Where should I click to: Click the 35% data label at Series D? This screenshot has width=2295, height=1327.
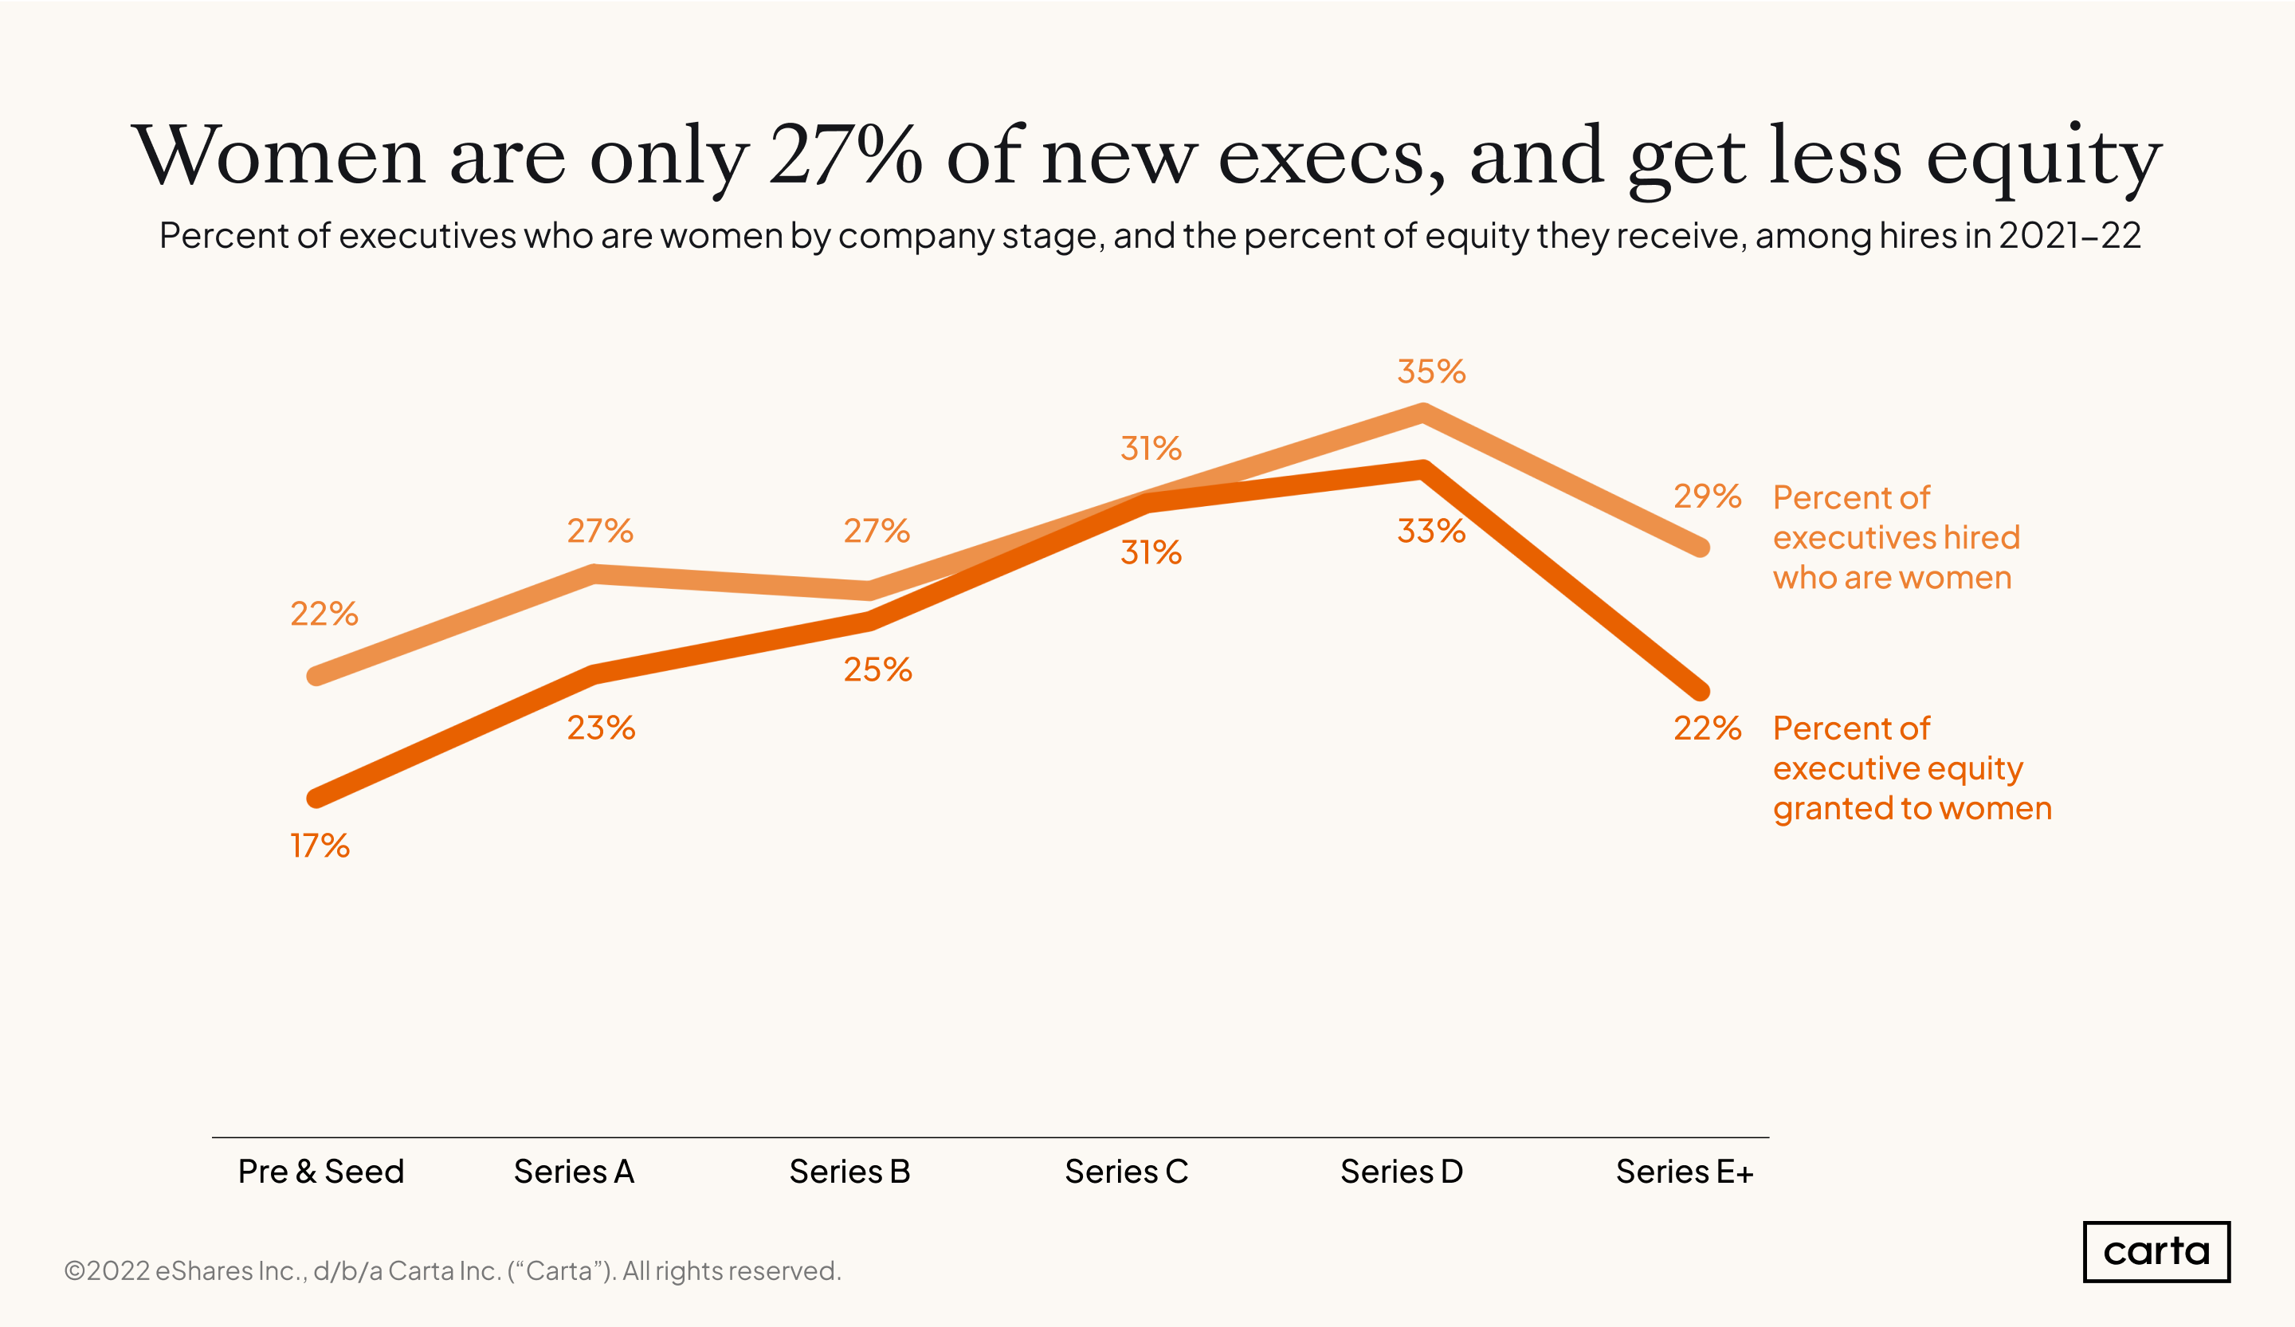coord(1430,371)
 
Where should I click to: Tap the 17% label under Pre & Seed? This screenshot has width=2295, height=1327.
coord(320,846)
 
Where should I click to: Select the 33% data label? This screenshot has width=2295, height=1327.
coord(1430,531)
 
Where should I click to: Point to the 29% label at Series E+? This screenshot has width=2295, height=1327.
coord(1707,497)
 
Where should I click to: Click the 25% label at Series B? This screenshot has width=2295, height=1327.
coord(877,670)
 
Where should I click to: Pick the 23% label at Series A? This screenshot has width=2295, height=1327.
coord(601,728)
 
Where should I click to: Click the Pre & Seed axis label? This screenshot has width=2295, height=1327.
coord(320,1172)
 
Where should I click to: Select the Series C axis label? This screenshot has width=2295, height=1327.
coord(1127,1172)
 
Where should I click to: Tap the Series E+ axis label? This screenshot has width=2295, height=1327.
coord(1684,1172)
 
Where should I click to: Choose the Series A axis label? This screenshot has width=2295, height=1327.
coord(574,1172)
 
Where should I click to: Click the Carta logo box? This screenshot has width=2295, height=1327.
coord(2156,1251)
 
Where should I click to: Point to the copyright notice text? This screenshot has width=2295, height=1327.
coord(453,1270)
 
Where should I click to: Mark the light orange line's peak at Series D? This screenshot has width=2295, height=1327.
coord(1422,414)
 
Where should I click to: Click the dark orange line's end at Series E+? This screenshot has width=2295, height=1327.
coord(1701,692)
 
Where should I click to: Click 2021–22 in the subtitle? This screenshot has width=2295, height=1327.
coord(2069,236)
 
